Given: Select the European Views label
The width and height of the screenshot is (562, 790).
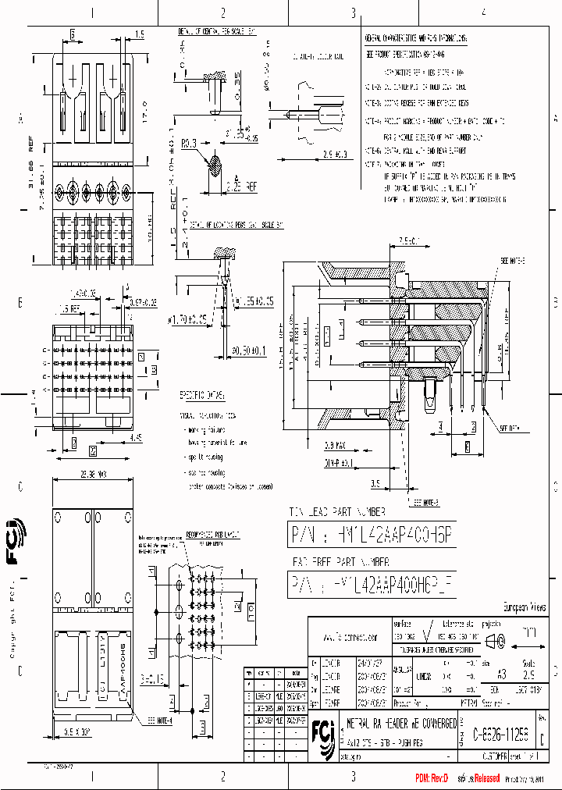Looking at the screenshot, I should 523,607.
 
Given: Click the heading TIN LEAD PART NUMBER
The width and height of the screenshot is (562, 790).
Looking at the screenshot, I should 337,512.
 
